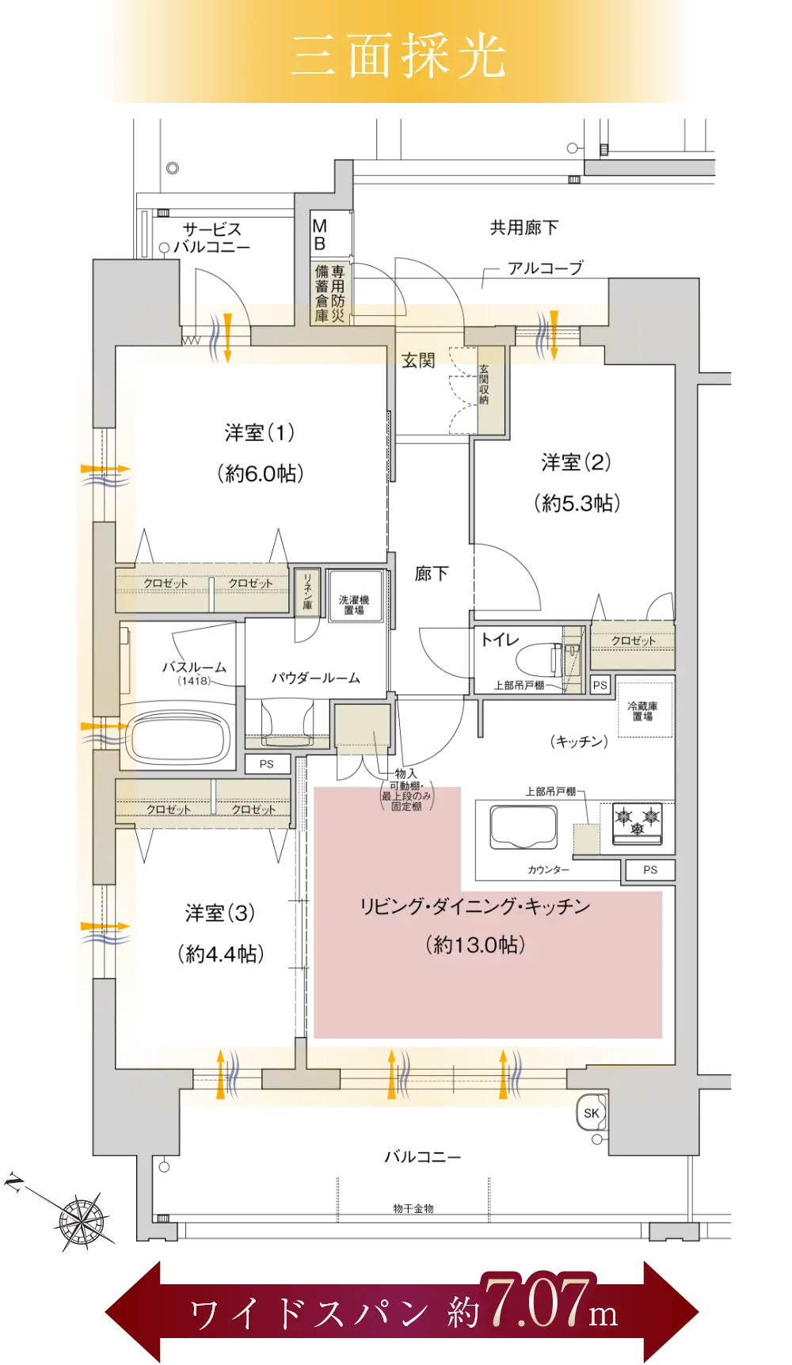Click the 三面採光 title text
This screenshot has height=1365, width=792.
click(398, 55)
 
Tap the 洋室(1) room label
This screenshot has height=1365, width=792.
click(260, 432)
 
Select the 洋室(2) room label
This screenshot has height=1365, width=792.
click(577, 462)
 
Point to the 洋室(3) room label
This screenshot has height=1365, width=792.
click(220, 913)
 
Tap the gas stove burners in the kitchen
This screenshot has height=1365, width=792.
click(638, 820)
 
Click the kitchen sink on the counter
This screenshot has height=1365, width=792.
click(524, 827)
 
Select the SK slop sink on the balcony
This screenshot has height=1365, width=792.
click(592, 1112)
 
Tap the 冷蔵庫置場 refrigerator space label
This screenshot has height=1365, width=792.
click(642, 710)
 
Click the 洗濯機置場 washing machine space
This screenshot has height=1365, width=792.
click(354, 604)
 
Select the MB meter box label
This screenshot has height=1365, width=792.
click(320, 234)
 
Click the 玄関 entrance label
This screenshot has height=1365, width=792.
click(418, 360)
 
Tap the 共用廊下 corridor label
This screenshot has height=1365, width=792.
click(524, 228)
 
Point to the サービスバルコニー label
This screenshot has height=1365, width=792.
click(211, 238)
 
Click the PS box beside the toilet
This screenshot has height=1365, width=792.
click(600, 686)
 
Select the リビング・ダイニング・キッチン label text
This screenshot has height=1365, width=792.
click(475, 906)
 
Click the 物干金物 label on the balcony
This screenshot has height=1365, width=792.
click(413, 1208)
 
